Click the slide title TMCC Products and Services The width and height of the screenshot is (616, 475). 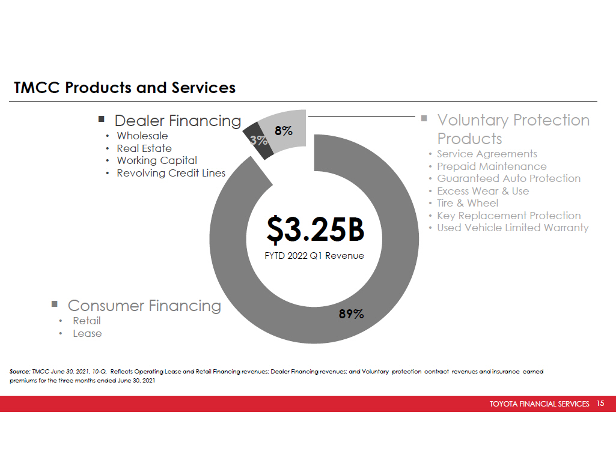point(125,88)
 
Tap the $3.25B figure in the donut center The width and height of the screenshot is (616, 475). point(315,228)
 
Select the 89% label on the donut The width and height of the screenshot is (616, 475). point(350,313)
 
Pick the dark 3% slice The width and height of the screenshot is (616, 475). point(258,141)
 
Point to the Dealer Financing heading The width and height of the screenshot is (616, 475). point(177,121)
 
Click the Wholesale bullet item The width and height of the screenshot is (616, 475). point(142,136)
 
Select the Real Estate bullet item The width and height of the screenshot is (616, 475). point(144,148)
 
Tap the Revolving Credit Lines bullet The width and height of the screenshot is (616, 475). point(171,173)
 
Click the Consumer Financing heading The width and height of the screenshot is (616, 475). point(144,306)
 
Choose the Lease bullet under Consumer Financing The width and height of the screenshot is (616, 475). point(87,333)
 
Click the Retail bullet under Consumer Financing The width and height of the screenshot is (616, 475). point(87,321)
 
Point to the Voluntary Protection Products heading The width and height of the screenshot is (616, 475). point(513,129)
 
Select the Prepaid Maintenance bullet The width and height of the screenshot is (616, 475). point(491,166)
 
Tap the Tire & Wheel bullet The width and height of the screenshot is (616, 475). point(467,203)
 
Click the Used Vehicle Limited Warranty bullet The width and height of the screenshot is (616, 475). point(512,228)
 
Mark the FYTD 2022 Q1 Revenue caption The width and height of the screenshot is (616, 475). point(314,255)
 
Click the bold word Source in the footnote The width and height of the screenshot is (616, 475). point(20,372)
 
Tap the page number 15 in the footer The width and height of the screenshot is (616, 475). point(600,404)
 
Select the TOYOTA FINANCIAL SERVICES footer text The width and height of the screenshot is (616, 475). point(539,404)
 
